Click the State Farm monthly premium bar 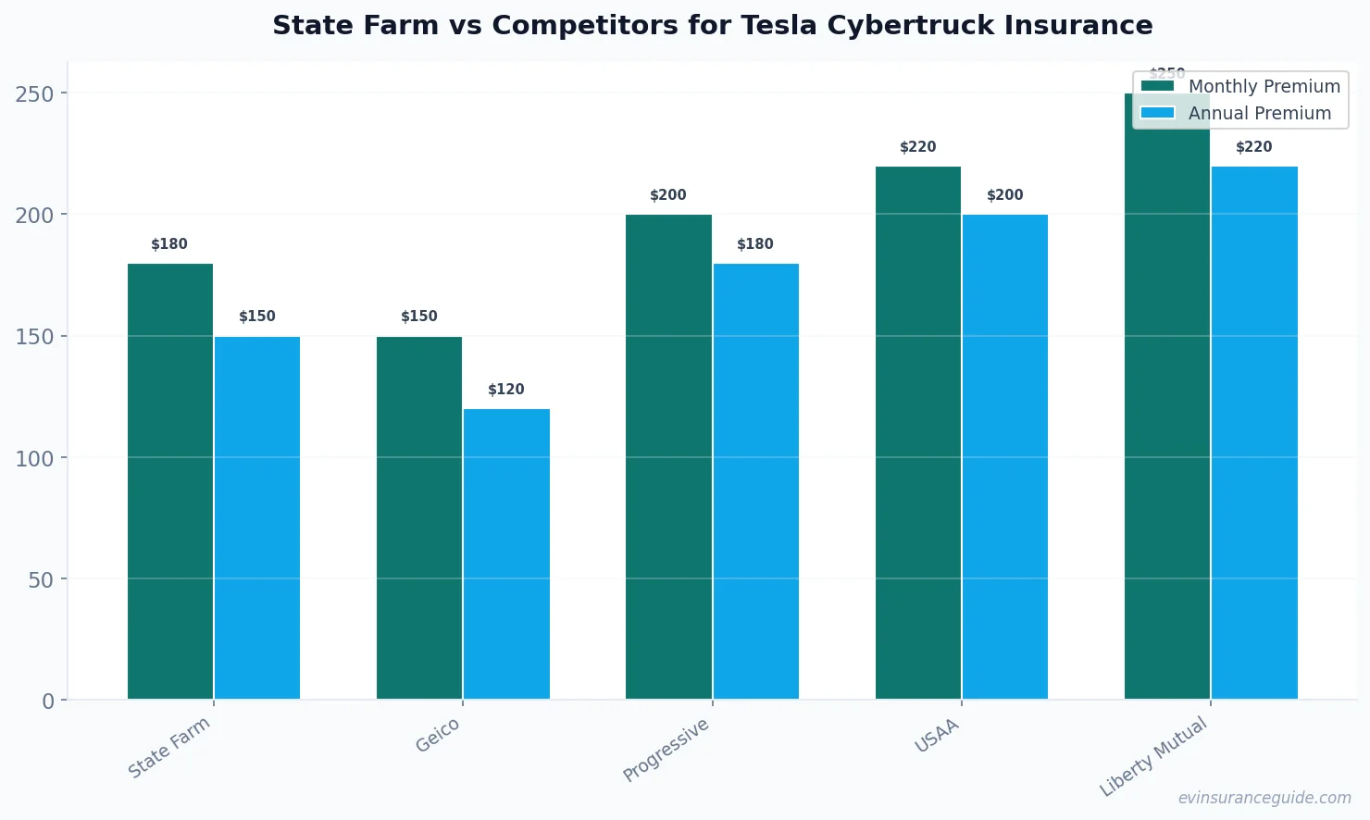tap(170, 481)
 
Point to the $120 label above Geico tap(506, 390)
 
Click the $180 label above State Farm tap(169, 244)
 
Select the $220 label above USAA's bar tap(918, 147)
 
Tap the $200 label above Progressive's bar tap(668, 195)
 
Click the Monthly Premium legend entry tap(1240, 86)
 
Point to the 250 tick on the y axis tap(34, 93)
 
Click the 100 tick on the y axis tap(34, 458)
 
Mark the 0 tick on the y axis tap(48, 702)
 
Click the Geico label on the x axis tap(438, 736)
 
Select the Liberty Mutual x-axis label tap(1154, 756)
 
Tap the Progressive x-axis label tap(666, 750)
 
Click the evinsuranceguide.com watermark tap(1264, 798)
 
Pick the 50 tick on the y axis tap(41, 580)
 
